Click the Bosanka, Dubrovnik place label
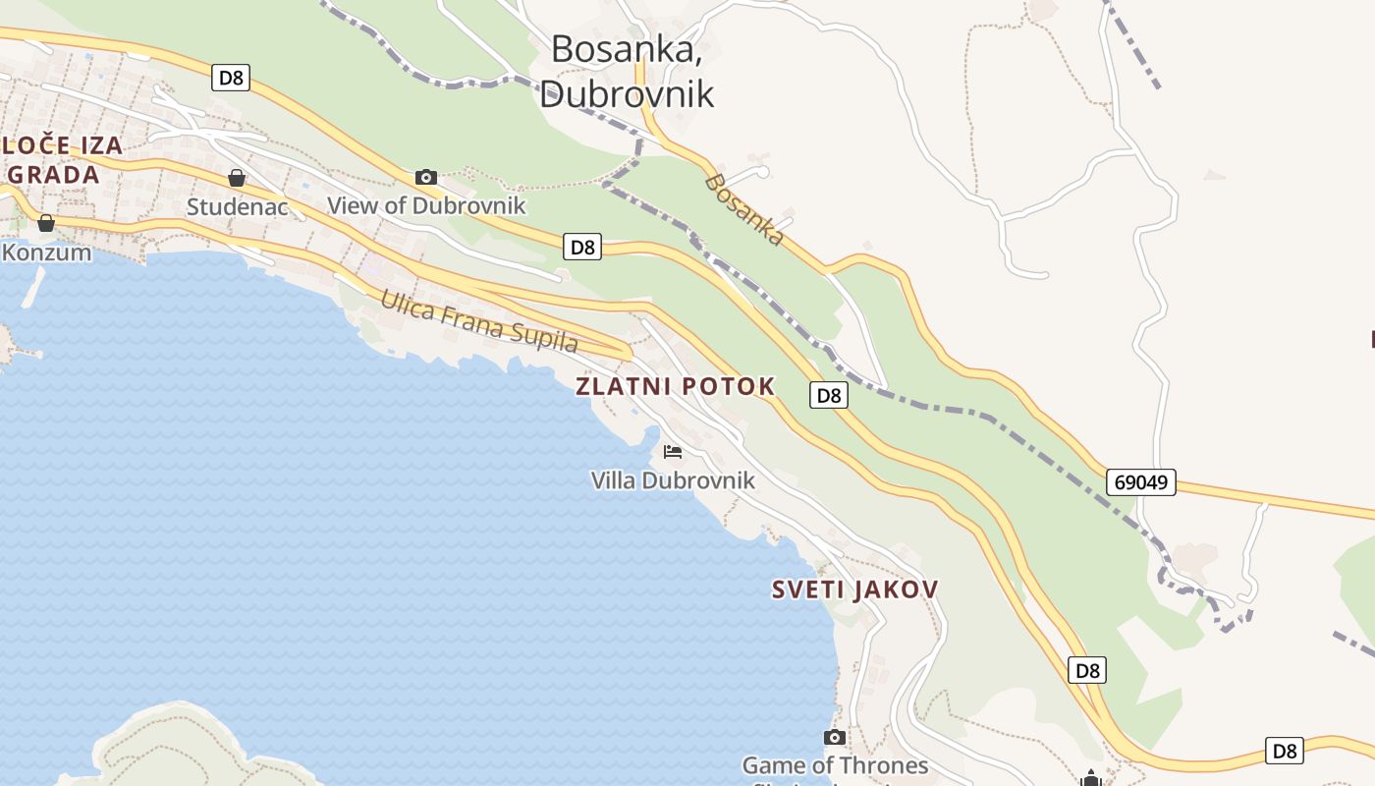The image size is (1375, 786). coord(626,70)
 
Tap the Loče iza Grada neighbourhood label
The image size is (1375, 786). coord(61,160)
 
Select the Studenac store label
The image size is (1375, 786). coord(237,206)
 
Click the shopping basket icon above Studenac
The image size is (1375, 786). coord(237,178)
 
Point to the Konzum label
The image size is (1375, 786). coord(46,253)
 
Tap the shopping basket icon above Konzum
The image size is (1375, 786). coord(46,223)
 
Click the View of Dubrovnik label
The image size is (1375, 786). coord(426,205)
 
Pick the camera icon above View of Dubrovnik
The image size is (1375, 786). coord(426,177)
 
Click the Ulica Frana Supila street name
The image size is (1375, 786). coord(478,320)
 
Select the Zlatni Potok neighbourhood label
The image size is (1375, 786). coord(675,386)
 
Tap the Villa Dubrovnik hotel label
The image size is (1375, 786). coord(673,480)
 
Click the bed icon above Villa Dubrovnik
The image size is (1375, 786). coord(673,452)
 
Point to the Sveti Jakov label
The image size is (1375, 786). coord(854,589)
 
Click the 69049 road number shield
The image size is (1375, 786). coord(1140,482)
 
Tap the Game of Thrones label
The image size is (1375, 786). coord(835,765)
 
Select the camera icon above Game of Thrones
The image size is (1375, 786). coord(835,737)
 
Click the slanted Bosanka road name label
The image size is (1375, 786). coord(744,209)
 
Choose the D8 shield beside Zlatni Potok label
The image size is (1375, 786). coord(829,395)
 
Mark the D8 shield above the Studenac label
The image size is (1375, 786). coord(231,78)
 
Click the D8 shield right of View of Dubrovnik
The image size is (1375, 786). coord(583,247)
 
